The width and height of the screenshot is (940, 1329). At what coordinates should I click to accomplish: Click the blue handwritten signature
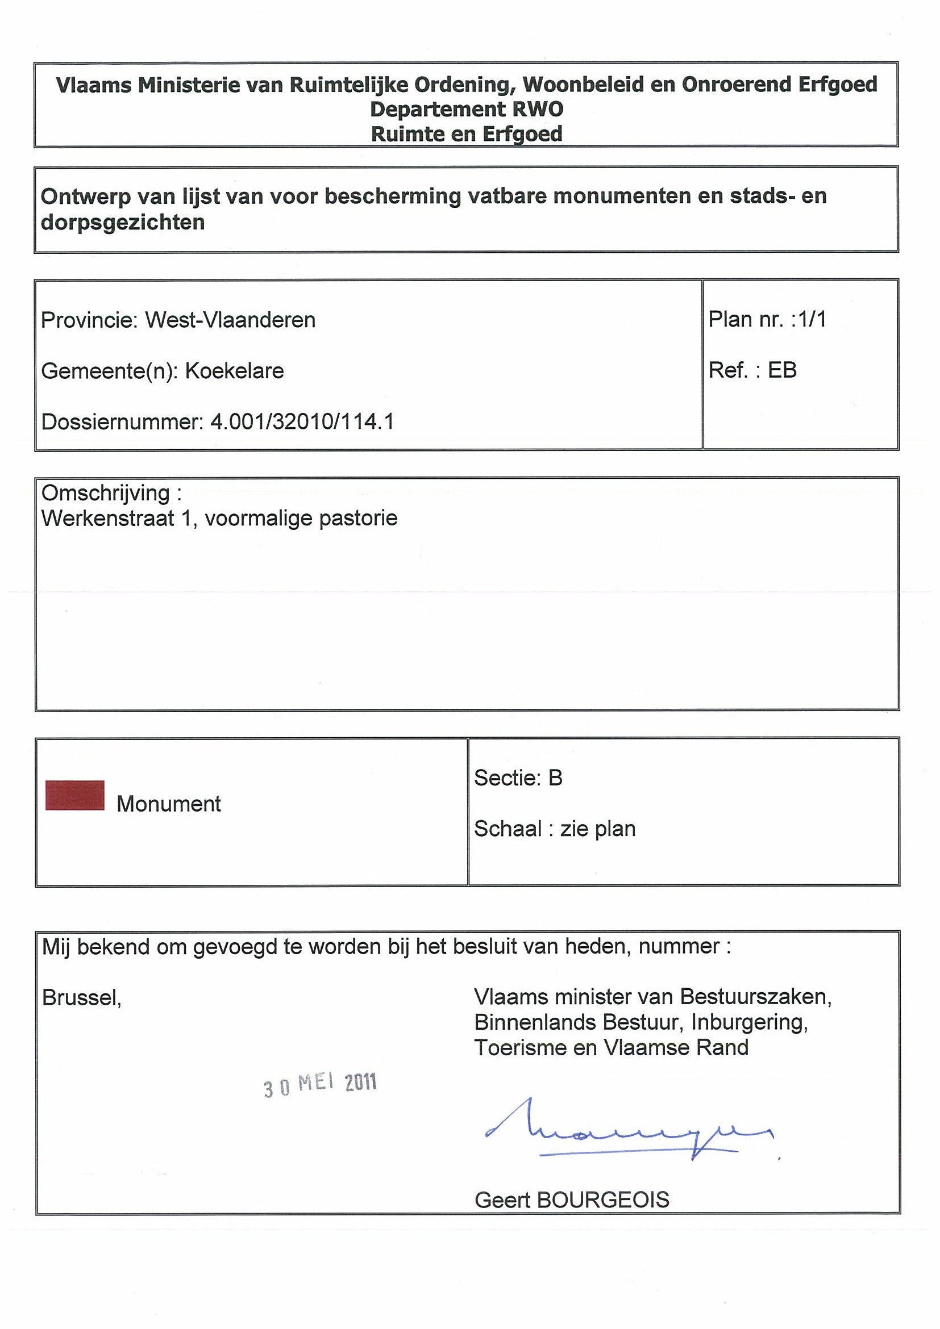coord(629,1131)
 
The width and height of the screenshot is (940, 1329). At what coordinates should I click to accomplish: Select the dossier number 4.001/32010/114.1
coord(302,421)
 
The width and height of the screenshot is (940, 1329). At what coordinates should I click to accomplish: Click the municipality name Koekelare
coord(235,370)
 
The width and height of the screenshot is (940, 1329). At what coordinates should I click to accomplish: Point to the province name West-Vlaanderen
coord(230,320)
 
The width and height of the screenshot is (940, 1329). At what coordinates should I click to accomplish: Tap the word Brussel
coord(81,997)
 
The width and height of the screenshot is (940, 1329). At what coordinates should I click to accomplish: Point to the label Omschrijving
coord(106,493)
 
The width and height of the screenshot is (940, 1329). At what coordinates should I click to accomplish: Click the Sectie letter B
coord(555,778)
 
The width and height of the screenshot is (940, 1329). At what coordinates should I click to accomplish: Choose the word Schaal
coord(508,828)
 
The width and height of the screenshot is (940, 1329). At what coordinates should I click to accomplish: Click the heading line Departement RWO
coord(466,109)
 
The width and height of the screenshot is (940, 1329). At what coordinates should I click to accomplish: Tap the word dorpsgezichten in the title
coord(123,221)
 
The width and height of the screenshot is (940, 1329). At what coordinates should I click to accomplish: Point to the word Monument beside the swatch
coord(169,804)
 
